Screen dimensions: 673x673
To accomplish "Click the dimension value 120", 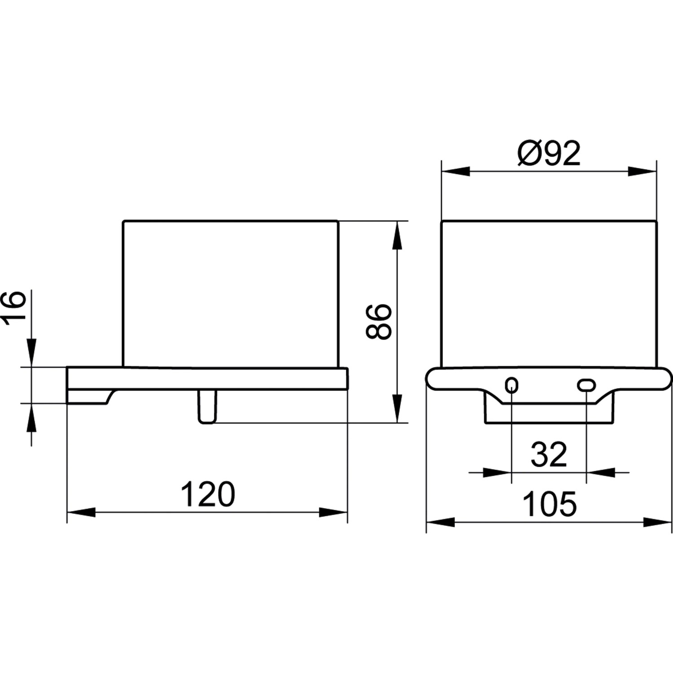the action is pyautogui.click(x=208, y=494).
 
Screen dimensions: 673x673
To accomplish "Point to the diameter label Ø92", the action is pyautogui.click(x=549, y=153).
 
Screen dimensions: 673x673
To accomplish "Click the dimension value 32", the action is pyautogui.click(x=549, y=454).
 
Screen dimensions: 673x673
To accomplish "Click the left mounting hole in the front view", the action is pyautogui.click(x=511, y=385).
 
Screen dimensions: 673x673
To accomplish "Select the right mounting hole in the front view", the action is pyautogui.click(x=586, y=385).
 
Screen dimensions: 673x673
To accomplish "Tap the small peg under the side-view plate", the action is pyautogui.click(x=207, y=406).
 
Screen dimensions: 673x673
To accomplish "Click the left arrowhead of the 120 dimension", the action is pyautogui.click(x=81, y=512).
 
